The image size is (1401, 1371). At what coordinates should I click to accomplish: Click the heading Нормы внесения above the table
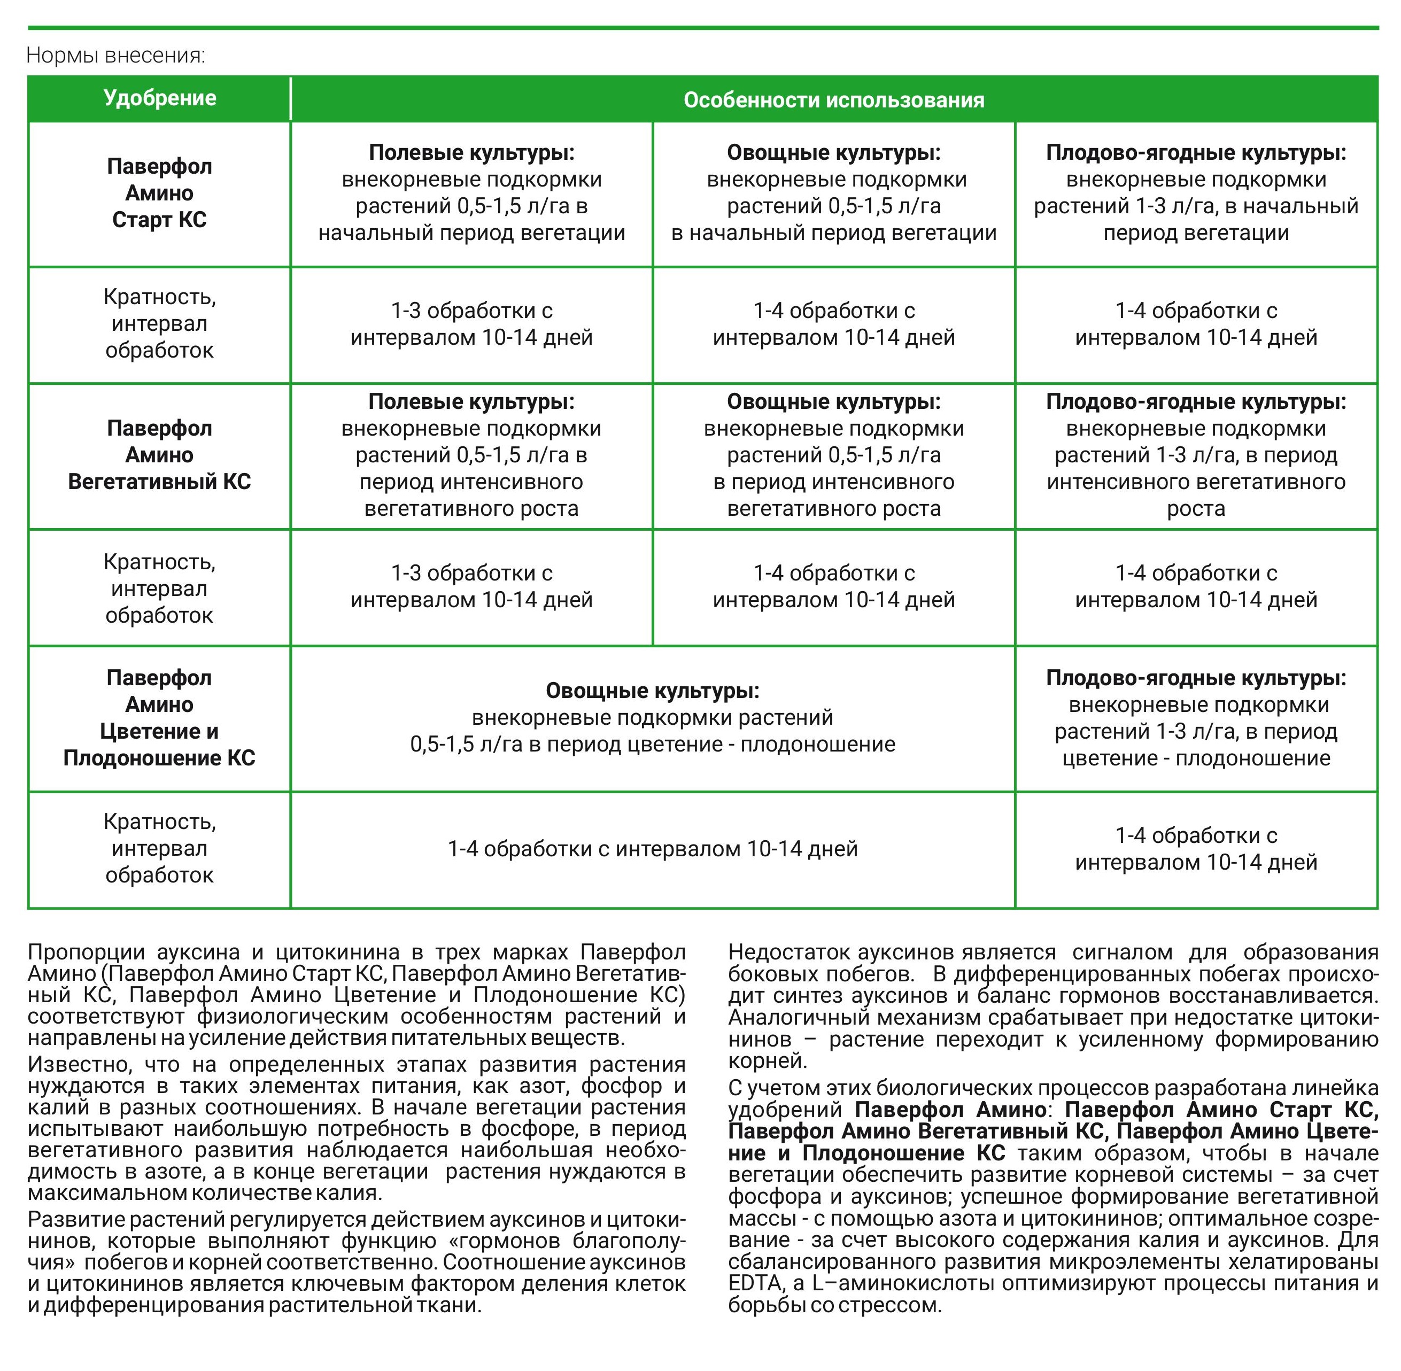click(x=115, y=56)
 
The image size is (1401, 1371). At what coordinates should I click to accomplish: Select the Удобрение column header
click(x=159, y=98)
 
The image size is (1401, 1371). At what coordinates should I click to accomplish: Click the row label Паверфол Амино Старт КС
click(x=159, y=193)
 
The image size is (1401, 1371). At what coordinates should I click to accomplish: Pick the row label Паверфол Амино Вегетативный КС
click(x=159, y=455)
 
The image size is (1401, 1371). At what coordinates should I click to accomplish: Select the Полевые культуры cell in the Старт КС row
click(x=471, y=193)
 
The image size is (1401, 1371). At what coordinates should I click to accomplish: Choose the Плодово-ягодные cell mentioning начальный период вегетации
click(x=1195, y=193)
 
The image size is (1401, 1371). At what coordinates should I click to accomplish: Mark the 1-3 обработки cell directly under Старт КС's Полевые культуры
click(x=471, y=324)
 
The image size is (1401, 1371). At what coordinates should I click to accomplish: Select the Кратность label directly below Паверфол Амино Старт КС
click(x=159, y=324)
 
